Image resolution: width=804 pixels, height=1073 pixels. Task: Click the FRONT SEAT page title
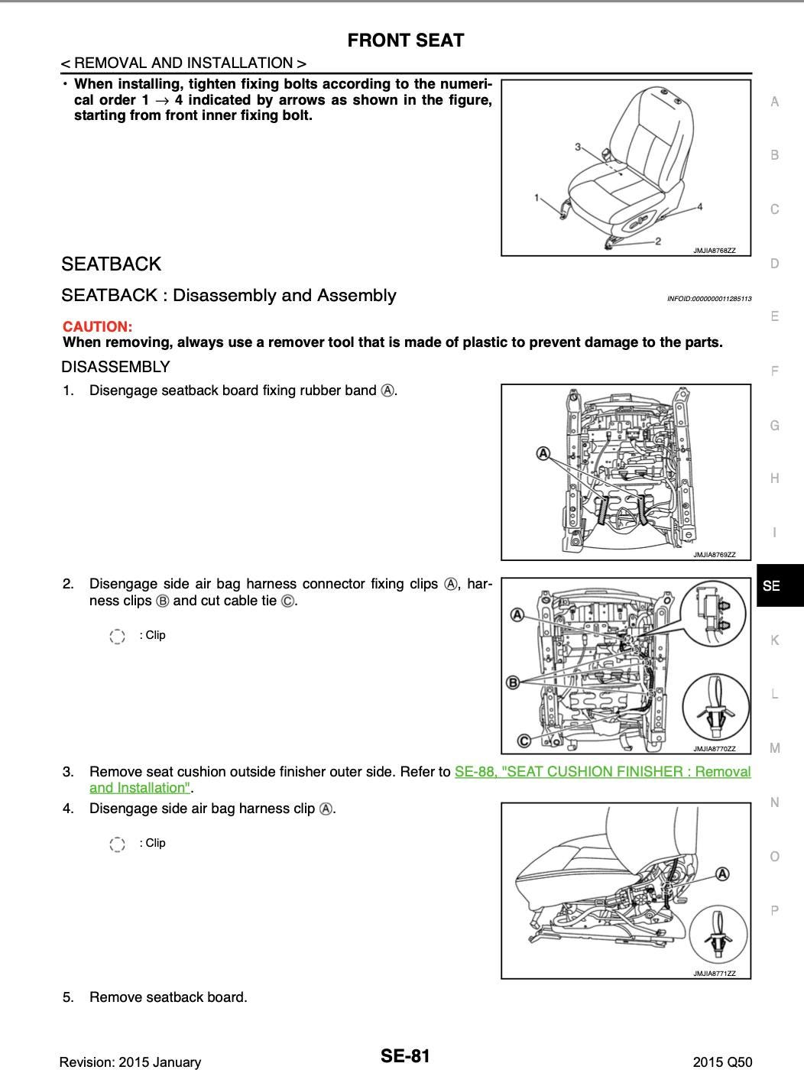coord(405,41)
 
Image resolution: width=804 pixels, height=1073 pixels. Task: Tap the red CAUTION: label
coord(97,326)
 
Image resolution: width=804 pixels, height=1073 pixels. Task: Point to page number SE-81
coord(405,1056)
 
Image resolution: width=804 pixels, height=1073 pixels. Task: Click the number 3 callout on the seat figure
coord(578,147)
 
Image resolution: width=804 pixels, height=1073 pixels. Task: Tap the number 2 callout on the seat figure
coord(658,242)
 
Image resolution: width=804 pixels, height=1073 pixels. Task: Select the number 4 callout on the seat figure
coord(699,206)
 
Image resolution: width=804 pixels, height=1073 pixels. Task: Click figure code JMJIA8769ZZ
coord(714,555)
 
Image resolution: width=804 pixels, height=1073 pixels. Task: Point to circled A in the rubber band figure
coord(543,453)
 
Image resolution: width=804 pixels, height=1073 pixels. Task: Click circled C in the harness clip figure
coord(524,740)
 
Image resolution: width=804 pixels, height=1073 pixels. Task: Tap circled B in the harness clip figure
coord(514,682)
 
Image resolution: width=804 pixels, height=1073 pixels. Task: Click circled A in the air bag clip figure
coord(721,874)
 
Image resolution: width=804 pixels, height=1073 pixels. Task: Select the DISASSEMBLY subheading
coord(115,367)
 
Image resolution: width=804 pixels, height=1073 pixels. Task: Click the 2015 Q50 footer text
coord(722,1062)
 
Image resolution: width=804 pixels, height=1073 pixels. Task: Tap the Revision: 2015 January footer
coord(130,1062)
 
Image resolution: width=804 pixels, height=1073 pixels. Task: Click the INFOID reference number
coord(708,298)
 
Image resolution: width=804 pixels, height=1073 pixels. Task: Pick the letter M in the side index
coord(775,748)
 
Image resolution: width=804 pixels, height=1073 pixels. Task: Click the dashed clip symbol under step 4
coord(117,844)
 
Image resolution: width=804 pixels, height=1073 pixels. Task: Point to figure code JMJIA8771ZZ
coord(714,974)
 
